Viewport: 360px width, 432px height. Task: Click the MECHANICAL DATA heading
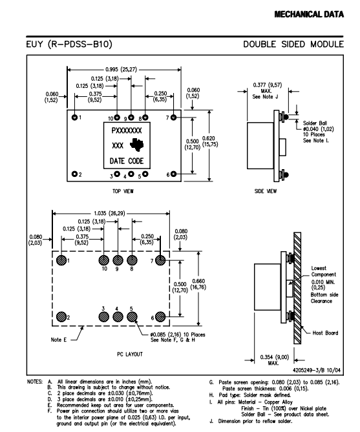pyautogui.click(x=309, y=14)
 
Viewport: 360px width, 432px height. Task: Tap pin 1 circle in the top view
pyautogui.click(x=74, y=118)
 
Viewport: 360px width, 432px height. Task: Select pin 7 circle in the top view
pyautogui.click(x=173, y=118)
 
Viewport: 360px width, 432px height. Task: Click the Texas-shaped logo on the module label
pyautogui.click(x=137, y=145)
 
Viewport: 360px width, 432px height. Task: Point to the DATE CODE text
pyautogui.click(x=127, y=161)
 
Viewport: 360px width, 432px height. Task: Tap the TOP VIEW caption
pyautogui.click(x=123, y=191)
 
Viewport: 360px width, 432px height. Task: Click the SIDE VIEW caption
pyautogui.click(x=266, y=191)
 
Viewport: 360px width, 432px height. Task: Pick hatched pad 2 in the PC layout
pyautogui.click(x=61, y=317)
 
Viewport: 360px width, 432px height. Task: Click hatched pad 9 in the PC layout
pyautogui.click(x=118, y=260)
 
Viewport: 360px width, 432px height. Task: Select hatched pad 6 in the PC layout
pyautogui.click(x=160, y=317)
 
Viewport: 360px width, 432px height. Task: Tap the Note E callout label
pyautogui.click(x=58, y=340)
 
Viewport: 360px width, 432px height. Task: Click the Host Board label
pyautogui.click(x=325, y=333)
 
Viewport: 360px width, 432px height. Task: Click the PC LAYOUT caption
pyautogui.click(x=130, y=354)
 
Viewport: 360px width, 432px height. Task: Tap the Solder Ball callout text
pyautogui.click(x=319, y=132)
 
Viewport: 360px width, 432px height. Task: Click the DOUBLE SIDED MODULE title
pyautogui.click(x=293, y=44)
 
